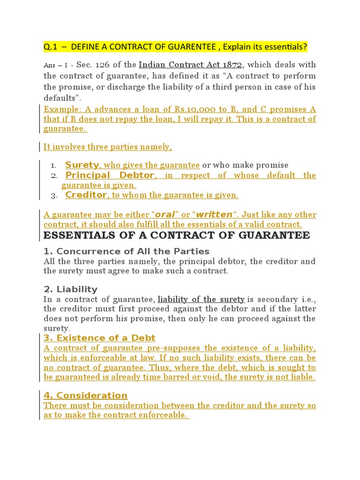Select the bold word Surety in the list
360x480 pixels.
82,165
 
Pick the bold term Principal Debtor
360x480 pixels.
110,175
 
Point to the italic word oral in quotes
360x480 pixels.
165,215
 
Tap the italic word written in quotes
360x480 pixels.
214,215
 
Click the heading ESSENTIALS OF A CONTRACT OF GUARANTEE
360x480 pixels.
177,235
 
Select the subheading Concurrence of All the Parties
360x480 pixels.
133,251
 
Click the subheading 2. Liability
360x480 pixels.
70,289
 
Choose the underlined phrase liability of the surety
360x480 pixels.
201,299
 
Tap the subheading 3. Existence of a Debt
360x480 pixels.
99,338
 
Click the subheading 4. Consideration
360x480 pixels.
85,395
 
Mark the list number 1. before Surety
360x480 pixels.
54,165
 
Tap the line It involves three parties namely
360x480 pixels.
107,147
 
